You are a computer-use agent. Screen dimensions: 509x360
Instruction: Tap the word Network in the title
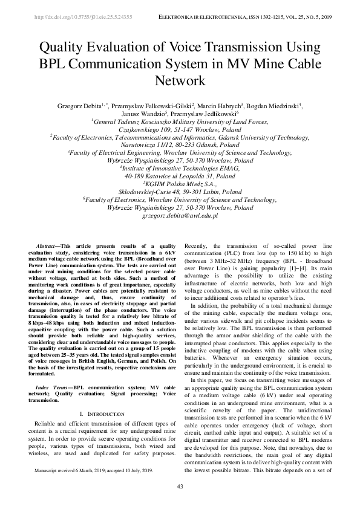(x=180, y=80)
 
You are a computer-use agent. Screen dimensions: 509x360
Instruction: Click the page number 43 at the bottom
(x=180, y=487)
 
